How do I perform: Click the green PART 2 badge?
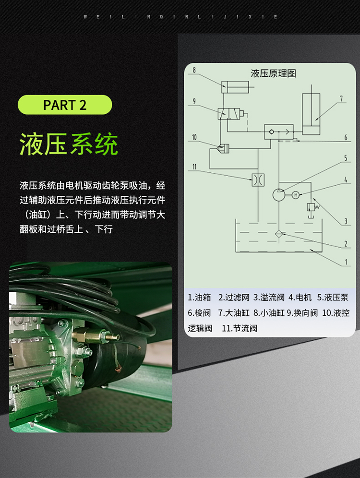pyautogui.click(x=65, y=105)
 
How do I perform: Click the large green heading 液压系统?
pyautogui.click(x=69, y=144)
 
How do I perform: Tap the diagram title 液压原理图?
pyautogui.click(x=274, y=73)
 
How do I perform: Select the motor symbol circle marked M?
pyautogui.click(x=295, y=195)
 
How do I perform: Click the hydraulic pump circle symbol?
pyautogui.click(x=279, y=195)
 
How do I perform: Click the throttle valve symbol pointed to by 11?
pyautogui.click(x=258, y=179)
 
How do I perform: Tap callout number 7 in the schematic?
pyautogui.click(x=341, y=99)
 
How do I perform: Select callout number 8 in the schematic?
pyautogui.click(x=194, y=70)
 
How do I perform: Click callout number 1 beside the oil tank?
pyautogui.click(x=346, y=262)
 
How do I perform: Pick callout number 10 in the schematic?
pyautogui.click(x=194, y=137)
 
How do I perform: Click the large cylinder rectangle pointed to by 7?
pyautogui.click(x=311, y=114)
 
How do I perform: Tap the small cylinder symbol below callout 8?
pyautogui.click(x=235, y=87)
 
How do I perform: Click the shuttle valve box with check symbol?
pyautogui.click(x=278, y=131)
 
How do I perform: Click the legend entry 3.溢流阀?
pyautogui.click(x=269, y=297)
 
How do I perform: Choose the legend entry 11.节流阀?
pyautogui.click(x=240, y=328)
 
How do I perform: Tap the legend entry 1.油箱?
pyautogui.click(x=199, y=297)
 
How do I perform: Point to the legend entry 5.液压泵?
pyautogui.click(x=333, y=297)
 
